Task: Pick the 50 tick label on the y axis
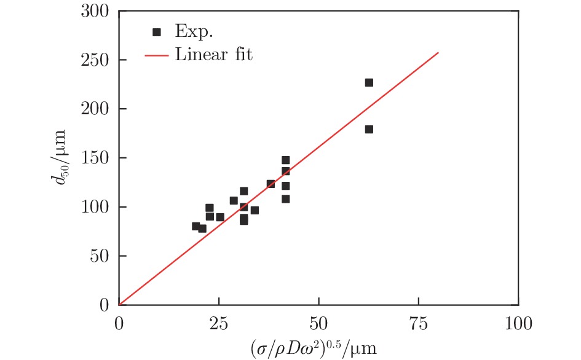[101, 256]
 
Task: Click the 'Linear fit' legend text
[213, 55]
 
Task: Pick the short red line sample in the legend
[157, 55]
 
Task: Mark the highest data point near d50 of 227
[369, 82]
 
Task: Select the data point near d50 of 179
[369, 129]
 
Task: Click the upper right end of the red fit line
[438, 52]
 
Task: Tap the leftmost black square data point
[196, 226]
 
